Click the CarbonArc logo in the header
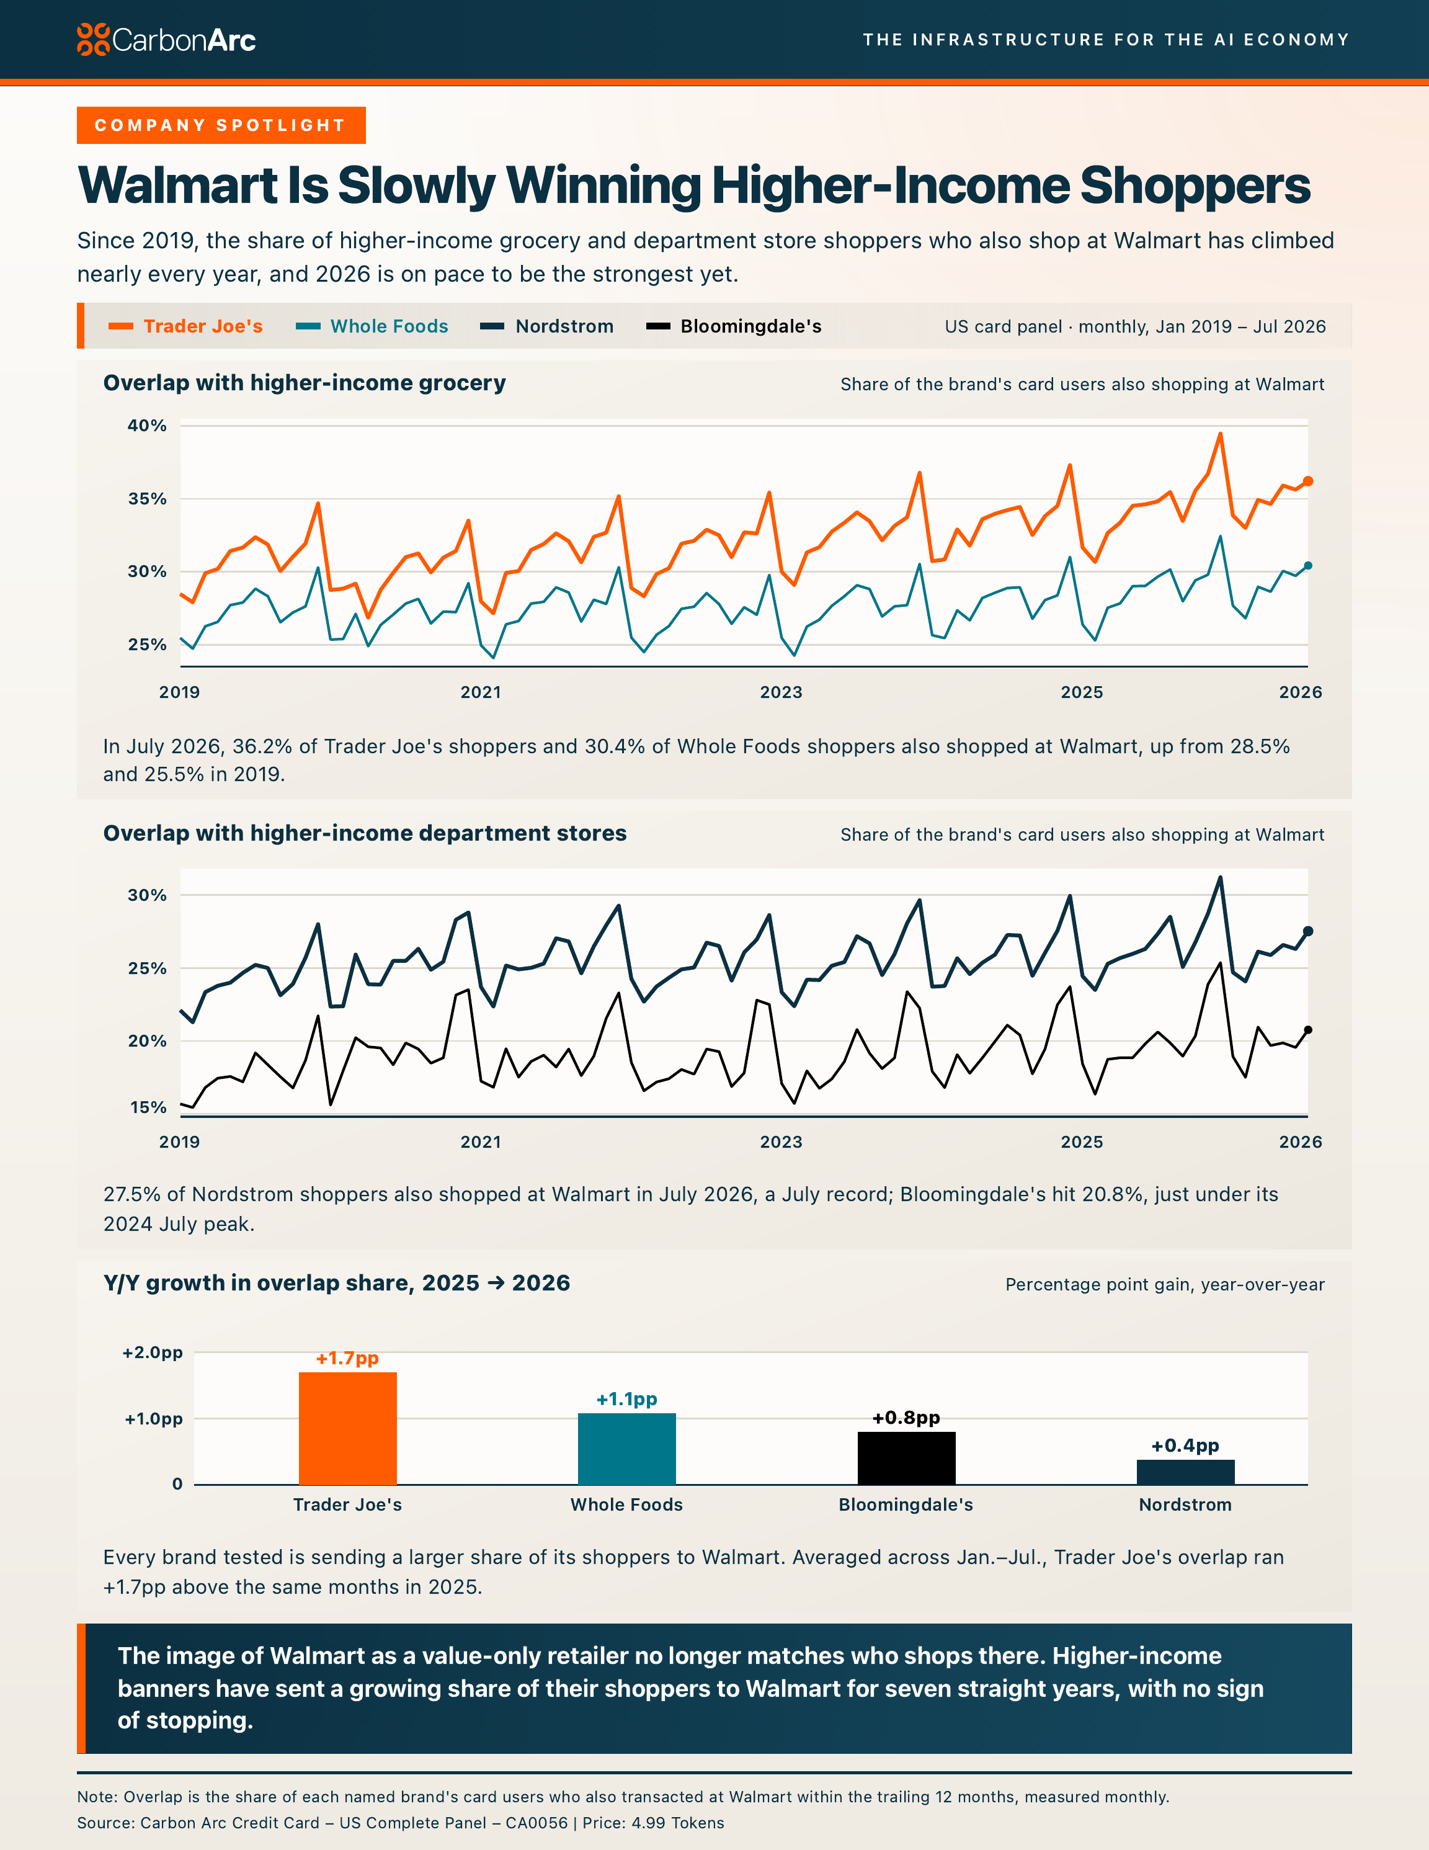(166, 40)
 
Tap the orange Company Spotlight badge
(221, 125)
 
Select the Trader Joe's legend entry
(185, 326)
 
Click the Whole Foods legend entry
(372, 326)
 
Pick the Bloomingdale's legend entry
(734, 326)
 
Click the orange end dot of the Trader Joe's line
(1308, 481)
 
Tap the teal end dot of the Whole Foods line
(1308, 566)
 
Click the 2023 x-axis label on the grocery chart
(781, 692)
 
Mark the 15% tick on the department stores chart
(148, 1107)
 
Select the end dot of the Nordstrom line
(1308, 932)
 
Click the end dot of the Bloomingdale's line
(1308, 1030)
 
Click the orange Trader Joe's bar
(347, 1428)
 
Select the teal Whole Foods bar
(627, 1449)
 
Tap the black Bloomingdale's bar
(906, 1458)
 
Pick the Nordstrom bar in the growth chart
(1186, 1472)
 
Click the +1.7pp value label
(347, 1358)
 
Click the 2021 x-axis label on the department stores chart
(480, 1142)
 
